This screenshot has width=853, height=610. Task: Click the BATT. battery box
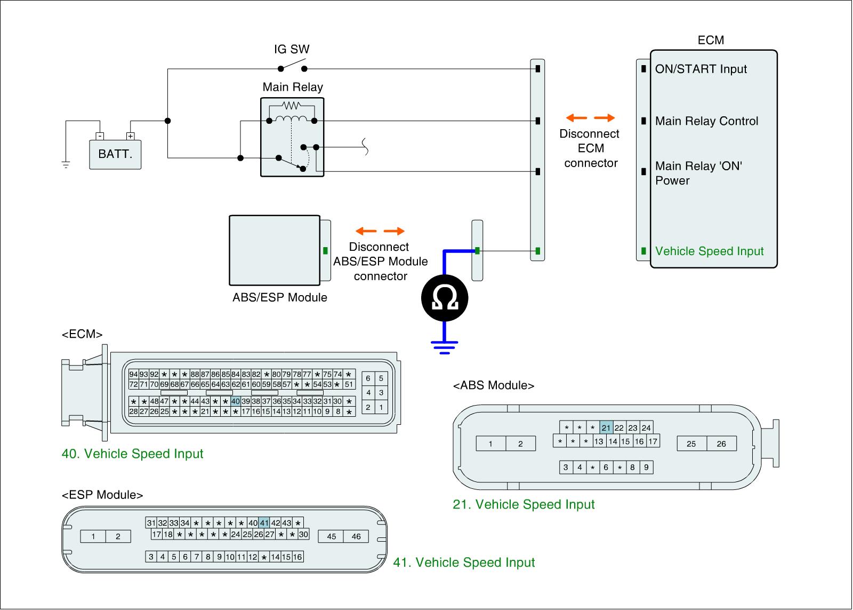[x=115, y=154]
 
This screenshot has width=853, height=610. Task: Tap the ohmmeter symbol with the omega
[x=445, y=299]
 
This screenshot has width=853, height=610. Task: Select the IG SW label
[x=292, y=50]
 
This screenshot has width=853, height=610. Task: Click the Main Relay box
[x=292, y=137]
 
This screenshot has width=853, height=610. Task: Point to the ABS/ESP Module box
[x=275, y=250]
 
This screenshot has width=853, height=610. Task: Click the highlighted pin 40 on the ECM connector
[x=236, y=401]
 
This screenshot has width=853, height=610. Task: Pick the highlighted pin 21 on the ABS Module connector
[x=606, y=428]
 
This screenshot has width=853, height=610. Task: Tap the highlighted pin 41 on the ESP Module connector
[x=264, y=523]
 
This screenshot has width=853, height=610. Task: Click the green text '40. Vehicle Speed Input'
[x=133, y=454]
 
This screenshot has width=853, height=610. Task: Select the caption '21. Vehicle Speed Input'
[x=524, y=504]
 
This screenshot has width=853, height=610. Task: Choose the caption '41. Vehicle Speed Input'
[x=464, y=563]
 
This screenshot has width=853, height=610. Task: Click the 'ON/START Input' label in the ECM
[x=701, y=69]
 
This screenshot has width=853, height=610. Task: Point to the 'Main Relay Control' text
[x=706, y=121]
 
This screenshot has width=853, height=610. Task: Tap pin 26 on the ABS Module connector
[x=721, y=444]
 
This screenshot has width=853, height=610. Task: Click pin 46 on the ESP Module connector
[x=356, y=536]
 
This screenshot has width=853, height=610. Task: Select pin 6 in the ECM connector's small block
[x=368, y=379]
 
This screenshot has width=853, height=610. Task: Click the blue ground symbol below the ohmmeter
[x=445, y=347]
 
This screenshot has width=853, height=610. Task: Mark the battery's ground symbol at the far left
[x=66, y=164]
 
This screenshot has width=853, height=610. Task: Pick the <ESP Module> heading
[x=102, y=495]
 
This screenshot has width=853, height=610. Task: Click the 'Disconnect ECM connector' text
[x=590, y=148]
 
